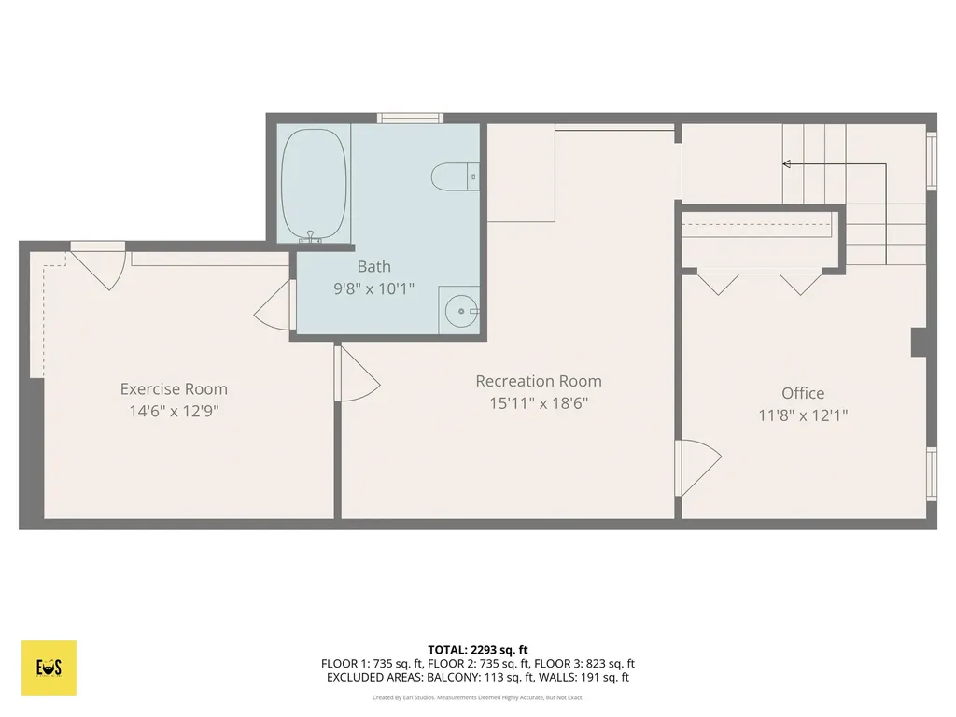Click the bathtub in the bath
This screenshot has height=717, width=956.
click(x=315, y=184)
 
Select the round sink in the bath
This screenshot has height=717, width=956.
click(x=459, y=310)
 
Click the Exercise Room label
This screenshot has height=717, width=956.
click(x=174, y=389)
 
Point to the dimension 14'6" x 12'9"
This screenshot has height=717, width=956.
click(x=174, y=412)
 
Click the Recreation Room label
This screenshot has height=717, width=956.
click(x=539, y=381)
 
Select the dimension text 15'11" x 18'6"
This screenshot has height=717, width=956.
click(x=539, y=403)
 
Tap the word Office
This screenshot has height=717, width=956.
click(x=803, y=393)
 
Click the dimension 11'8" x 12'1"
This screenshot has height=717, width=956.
click(x=803, y=415)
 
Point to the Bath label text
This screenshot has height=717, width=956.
click(x=373, y=267)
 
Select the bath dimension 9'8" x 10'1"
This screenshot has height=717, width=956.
click(x=373, y=289)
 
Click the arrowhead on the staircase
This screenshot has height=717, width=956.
click(x=787, y=164)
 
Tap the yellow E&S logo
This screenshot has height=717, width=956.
click(x=49, y=668)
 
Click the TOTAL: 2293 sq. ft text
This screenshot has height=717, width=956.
click(x=477, y=649)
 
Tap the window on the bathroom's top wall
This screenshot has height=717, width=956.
click(x=410, y=118)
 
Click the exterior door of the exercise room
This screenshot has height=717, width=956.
click(x=99, y=263)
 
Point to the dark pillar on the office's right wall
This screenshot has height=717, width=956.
click(x=920, y=342)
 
